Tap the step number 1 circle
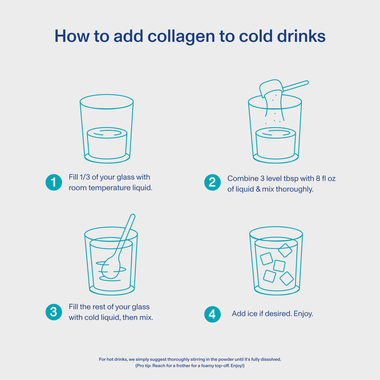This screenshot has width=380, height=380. [54, 182]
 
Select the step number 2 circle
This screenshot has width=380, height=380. [212, 182]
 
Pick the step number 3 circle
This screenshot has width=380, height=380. [54, 312]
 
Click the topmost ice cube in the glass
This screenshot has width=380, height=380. [285, 250]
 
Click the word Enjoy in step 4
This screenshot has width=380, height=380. [303, 314]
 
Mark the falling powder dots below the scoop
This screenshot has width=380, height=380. [274, 116]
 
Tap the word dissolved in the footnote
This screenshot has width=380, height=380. [269, 359]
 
